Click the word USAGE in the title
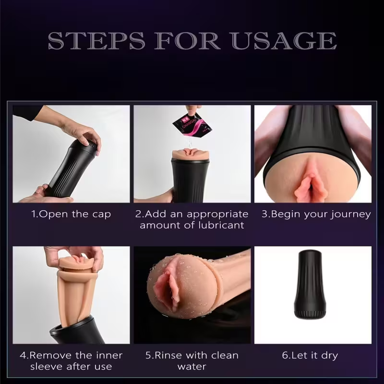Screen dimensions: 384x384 click(x=284, y=41)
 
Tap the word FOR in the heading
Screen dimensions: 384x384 click(x=187, y=41)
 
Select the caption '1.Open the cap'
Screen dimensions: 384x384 click(x=71, y=214)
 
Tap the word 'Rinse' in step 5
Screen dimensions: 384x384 click(x=169, y=355)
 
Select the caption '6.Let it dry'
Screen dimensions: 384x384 click(x=310, y=355)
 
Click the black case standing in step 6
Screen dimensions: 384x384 click(x=310, y=284)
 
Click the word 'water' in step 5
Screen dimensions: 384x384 click(x=192, y=367)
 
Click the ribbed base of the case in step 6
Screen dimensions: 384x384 click(x=310, y=314)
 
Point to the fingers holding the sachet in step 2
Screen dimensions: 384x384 click(x=193, y=109)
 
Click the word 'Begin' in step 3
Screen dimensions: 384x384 click(x=286, y=214)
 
